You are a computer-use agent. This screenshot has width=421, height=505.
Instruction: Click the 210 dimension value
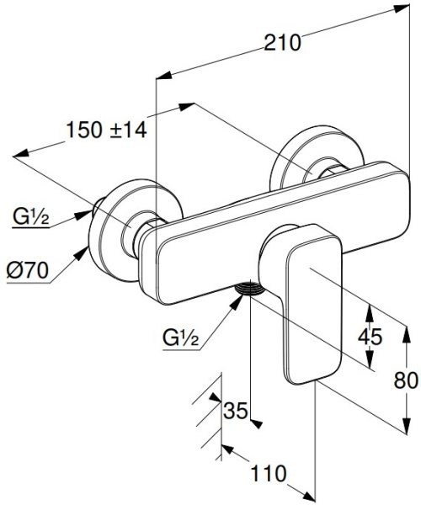coord(283,43)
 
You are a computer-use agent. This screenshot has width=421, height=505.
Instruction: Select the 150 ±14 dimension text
coord(106,130)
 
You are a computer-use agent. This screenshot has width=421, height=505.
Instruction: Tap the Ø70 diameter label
coord(28,270)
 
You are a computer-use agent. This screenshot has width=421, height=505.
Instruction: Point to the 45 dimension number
coord(370,336)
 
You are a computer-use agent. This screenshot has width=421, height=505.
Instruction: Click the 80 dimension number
coord(406,380)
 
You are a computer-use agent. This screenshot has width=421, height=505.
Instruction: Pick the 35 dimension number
coord(236,411)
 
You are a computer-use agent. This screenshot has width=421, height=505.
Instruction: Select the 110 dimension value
coord(268,473)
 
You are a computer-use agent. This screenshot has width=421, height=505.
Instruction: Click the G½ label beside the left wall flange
coord(31,216)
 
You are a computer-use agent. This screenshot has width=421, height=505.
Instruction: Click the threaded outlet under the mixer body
coord(250,288)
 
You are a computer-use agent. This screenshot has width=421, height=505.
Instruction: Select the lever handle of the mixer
coord(311,303)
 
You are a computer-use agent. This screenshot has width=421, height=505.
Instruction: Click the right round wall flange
coord(317,157)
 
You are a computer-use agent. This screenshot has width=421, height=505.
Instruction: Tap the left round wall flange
coord(136,231)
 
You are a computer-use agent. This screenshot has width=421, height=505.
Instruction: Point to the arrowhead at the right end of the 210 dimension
coord(402,8)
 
